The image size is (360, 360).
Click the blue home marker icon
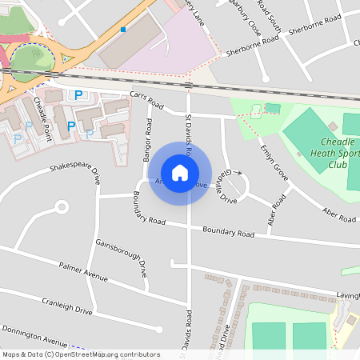180,173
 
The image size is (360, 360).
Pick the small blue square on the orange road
123,29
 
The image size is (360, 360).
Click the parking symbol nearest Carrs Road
78,95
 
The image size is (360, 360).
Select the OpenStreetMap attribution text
81,354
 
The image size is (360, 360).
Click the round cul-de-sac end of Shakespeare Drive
60,208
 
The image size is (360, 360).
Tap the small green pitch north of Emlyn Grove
273,108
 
